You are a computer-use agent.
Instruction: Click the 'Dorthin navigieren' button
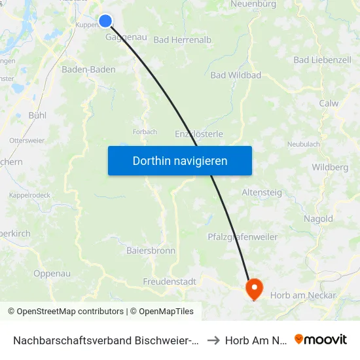(180, 160)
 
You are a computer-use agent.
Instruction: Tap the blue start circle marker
(105, 22)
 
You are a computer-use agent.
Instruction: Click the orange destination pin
(253, 288)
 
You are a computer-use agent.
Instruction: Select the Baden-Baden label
(88, 69)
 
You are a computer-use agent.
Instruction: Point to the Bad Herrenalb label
(183, 40)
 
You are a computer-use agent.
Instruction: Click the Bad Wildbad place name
(236, 75)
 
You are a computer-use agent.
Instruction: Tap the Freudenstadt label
(170, 281)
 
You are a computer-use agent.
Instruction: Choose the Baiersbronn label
(151, 250)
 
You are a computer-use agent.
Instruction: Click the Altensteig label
(261, 192)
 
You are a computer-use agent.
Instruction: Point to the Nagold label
(318, 219)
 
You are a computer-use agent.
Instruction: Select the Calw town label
(329, 103)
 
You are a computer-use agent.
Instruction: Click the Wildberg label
(330, 168)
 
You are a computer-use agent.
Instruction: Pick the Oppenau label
(52, 274)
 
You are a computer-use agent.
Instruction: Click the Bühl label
(37, 115)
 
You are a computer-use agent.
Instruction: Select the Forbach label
(145, 132)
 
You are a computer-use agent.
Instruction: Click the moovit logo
(321, 339)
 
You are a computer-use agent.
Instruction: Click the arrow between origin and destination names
(213, 340)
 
